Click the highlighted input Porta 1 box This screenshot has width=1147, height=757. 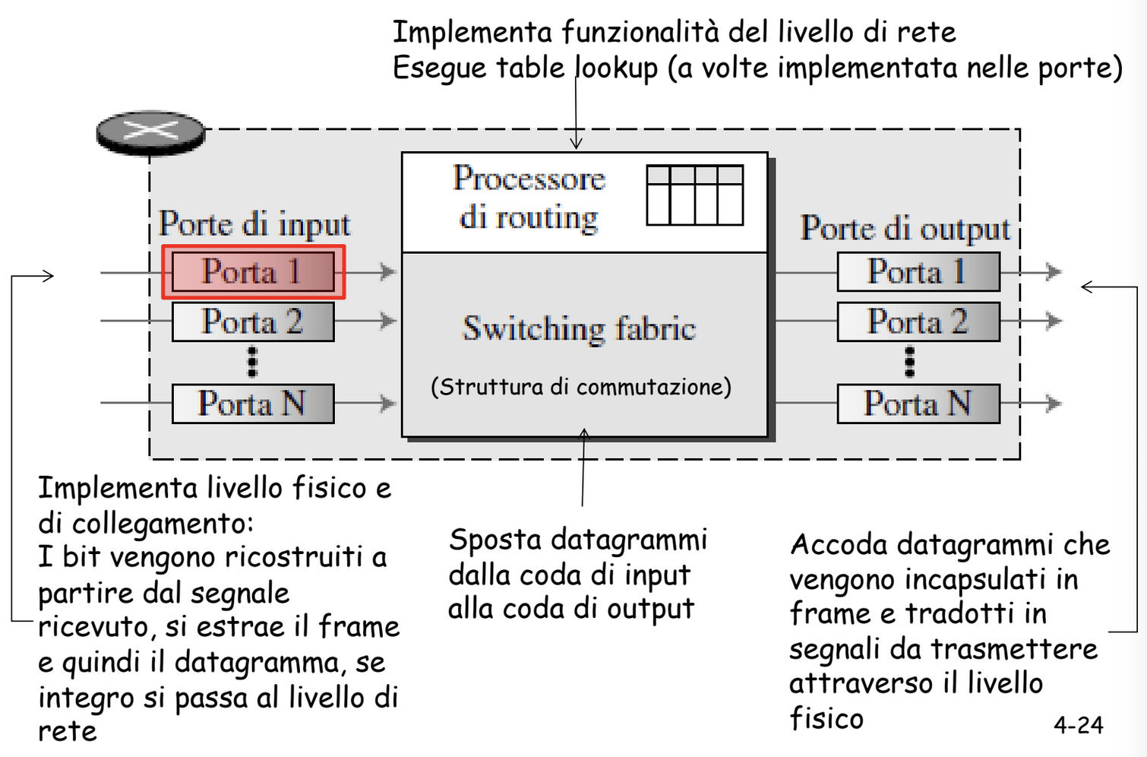coord(254,271)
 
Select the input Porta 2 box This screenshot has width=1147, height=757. coord(253,321)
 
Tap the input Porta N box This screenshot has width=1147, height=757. coord(253,404)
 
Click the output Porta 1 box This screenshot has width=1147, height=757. coord(918,271)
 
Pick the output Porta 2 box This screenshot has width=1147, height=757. coord(918,321)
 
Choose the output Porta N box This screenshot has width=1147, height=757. coord(918,404)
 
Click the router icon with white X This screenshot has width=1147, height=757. coord(151,133)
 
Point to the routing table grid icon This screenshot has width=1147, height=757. coord(695,195)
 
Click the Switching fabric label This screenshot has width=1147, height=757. coord(579,328)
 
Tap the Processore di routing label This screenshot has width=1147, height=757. coord(529,198)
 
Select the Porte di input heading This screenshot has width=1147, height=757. coord(254,224)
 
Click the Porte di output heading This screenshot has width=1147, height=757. coord(905,229)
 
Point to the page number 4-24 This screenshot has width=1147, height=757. coord(1079,725)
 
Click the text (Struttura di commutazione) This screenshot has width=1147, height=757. coord(581,387)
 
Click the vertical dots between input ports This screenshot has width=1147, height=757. coord(252,362)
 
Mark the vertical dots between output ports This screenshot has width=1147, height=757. coord(909,362)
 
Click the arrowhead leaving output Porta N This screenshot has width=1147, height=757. coord(1054,404)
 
